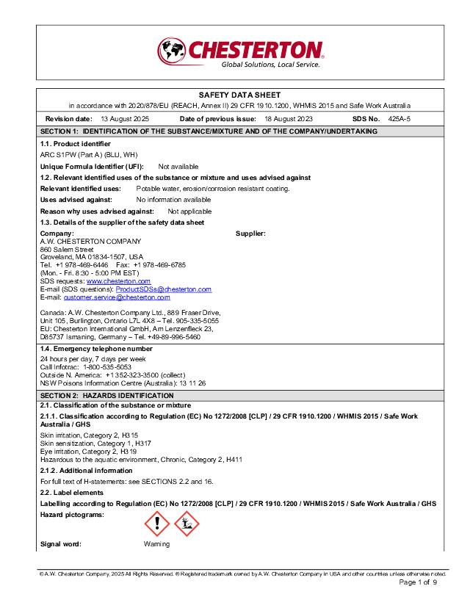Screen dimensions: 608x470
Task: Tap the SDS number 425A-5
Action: (x=399, y=118)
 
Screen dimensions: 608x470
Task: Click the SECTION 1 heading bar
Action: (x=209, y=131)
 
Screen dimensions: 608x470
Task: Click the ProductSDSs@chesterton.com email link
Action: (x=164, y=289)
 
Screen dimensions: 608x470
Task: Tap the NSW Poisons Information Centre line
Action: (x=123, y=383)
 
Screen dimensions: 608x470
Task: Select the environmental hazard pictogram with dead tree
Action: (x=187, y=524)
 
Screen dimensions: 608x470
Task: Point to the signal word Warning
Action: (x=156, y=544)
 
